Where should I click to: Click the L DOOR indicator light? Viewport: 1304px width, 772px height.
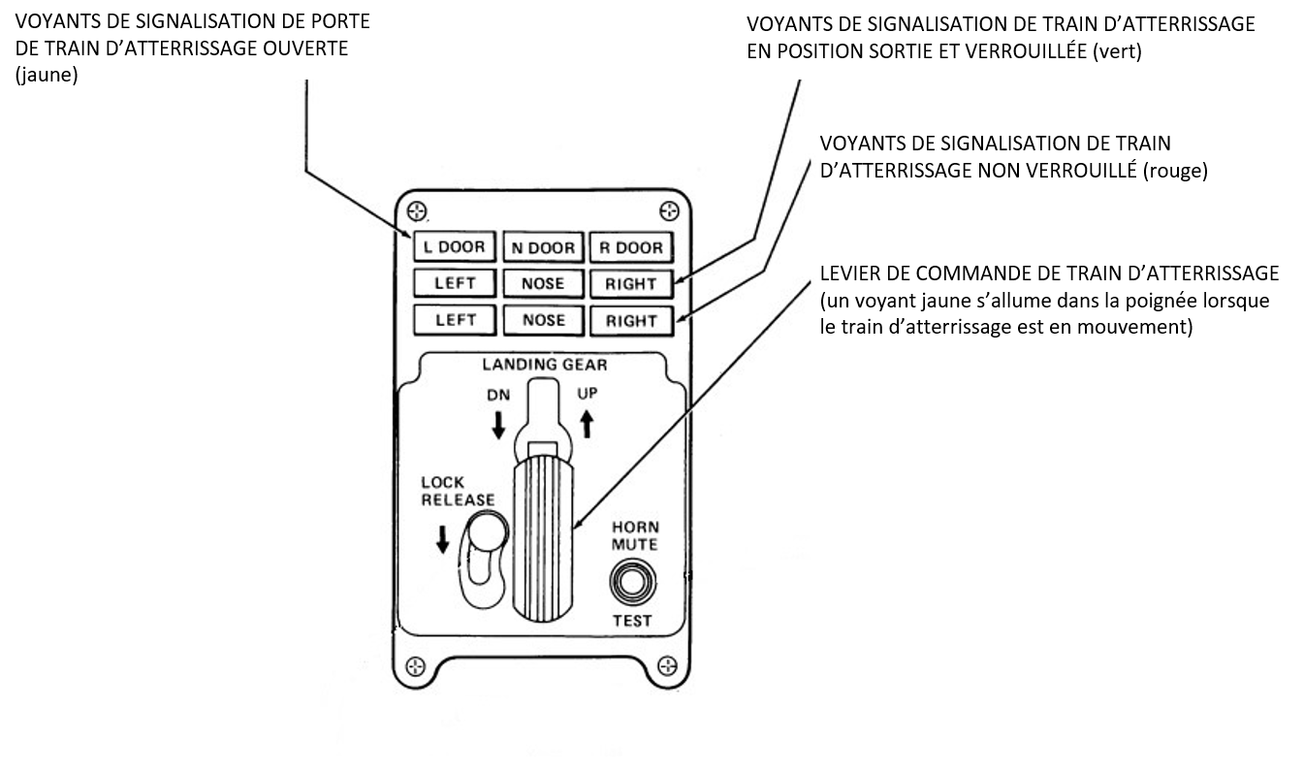click(x=454, y=247)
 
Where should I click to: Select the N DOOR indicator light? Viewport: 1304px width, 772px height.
click(x=543, y=247)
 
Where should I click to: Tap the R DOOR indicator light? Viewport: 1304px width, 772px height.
click(x=630, y=247)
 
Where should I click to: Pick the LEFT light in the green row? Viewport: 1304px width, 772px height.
click(x=454, y=283)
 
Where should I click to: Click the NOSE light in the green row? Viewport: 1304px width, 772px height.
click(x=543, y=283)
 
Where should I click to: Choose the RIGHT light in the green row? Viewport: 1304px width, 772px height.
click(x=630, y=283)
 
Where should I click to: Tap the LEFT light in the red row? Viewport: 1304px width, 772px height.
click(x=454, y=319)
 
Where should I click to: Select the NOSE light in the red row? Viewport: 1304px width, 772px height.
click(x=543, y=319)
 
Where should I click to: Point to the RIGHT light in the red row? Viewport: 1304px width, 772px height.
click(x=630, y=320)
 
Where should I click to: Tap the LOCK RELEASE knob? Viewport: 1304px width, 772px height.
click(x=485, y=534)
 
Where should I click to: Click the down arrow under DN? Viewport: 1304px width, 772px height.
click(x=498, y=424)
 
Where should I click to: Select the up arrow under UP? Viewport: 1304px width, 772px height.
click(x=587, y=424)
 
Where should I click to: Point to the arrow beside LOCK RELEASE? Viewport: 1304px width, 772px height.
click(x=443, y=538)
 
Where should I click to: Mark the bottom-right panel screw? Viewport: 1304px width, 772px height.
click(x=667, y=665)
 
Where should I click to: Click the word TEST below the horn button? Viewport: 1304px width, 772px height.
click(x=632, y=620)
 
